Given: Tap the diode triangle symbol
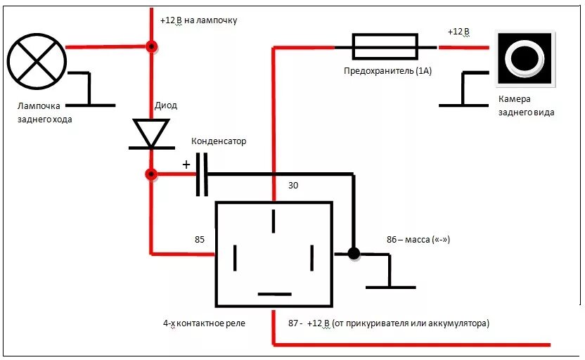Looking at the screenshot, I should (x=149, y=134).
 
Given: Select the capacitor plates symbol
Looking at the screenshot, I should (x=201, y=174).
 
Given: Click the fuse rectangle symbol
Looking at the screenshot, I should (x=385, y=48).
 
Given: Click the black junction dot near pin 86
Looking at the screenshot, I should (x=354, y=253).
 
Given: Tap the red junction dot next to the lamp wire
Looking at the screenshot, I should (x=150, y=47).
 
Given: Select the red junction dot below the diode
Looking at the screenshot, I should (x=150, y=174).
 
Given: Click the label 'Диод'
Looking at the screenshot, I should (x=166, y=105).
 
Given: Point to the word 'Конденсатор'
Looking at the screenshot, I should (x=219, y=141).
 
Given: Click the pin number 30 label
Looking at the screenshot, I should (x=294, y=186).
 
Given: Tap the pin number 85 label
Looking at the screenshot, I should (x=199, y=240).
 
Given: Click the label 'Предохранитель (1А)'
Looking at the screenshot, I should (x=387, y=70).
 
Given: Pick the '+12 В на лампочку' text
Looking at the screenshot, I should (x=199, y=20).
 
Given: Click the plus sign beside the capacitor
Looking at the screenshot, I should (x=186, y=165).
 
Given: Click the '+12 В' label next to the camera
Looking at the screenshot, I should (x=458, y=32).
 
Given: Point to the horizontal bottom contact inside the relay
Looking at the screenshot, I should (x=274, y=293).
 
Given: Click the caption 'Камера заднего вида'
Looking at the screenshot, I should (x=525, y=105).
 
